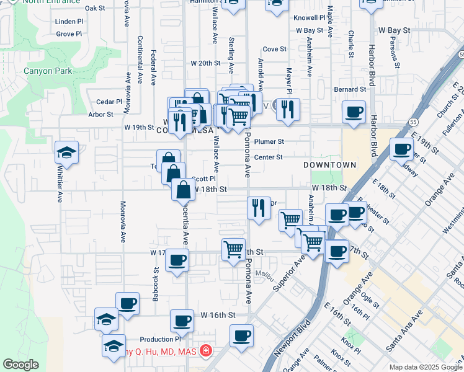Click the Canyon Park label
click(48, 71)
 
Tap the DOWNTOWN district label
click(329, 165)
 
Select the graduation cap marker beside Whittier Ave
click(67, 152)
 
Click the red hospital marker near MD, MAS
click(204, 352)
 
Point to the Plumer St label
click(269, 141)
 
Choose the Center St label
click(268, 157)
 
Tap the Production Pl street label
click(160, 339)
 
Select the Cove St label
click(274, 48)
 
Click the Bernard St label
click(346, 89)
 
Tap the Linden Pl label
click(69, 21)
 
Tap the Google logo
click(21, 365)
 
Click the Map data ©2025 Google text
click(426, 367)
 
